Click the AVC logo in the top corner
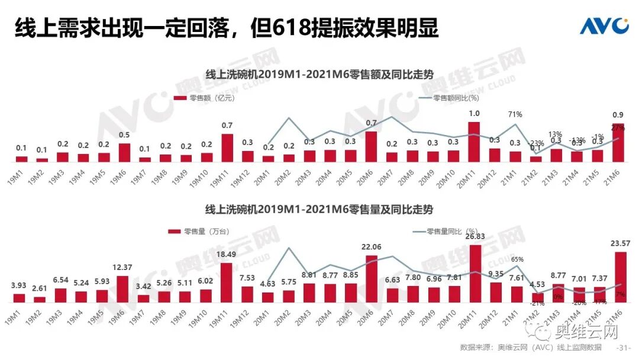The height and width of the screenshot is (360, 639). [603, 27]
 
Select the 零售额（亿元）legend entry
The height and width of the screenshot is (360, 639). [204, 98]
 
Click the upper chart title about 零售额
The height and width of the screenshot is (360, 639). [319, 75]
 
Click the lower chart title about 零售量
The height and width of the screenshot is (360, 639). [319, 210]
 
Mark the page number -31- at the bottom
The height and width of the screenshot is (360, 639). [624, 347]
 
